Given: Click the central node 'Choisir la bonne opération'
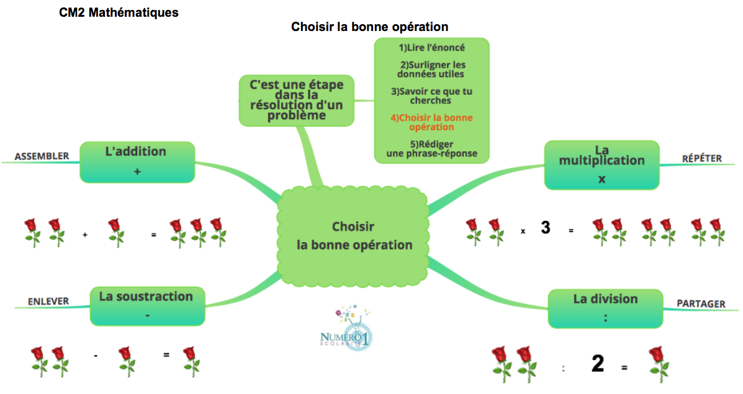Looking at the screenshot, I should click(x=353, y=235).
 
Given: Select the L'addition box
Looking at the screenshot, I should click(x=137, y=162).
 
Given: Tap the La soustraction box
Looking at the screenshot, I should click(x=146, y=305).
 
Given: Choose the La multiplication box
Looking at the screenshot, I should click(x=601, y=164).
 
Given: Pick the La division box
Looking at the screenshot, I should click(x=605, y=308).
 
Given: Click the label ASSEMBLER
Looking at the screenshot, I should click(x=42, y=156).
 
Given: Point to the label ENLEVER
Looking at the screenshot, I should click(x=48, y=302).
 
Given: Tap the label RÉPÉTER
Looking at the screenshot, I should click(x=701, y=158).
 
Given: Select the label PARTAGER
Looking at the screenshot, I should click(x=701, y=303).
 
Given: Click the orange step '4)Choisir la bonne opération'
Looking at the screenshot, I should click(x=431, y=122).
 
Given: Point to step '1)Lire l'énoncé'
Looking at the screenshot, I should click(x=431, y=47).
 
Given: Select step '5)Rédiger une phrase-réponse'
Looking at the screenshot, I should click(x=431, y=149).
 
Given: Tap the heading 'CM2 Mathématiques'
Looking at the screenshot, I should click(x=119, y=12).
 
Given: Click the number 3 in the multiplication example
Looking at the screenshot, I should click(x=545, y=228).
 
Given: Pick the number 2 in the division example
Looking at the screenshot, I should click(x=597, y=364).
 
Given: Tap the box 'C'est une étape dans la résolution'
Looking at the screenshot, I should click(x=296, y=99).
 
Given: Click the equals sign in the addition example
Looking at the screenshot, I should click(x=153, y=235).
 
